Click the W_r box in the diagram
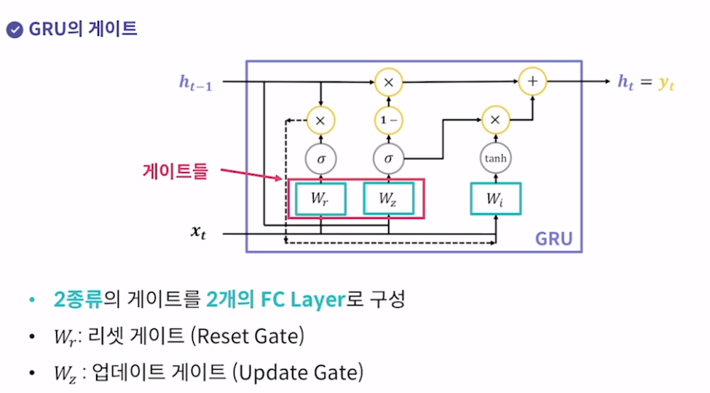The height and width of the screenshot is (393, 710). click(321, 198)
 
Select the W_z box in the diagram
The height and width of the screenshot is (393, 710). click(388, 198)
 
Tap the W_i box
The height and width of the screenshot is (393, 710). click(495, 198)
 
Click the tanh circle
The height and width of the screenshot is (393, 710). click(495, 157)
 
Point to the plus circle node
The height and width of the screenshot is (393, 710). click(532, 82)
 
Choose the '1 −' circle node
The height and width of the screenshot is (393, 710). click(388, 119)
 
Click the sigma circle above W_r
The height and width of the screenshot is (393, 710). click(321, 157)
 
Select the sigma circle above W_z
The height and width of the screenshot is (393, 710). click(388, 157)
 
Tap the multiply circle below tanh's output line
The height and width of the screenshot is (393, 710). click(495, 119)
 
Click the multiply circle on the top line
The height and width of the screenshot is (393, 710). click(388, 82)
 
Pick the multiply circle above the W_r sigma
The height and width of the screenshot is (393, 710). click(321, 119)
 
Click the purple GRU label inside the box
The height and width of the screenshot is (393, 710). click(553, 238)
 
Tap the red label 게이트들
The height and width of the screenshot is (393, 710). click(175, 172)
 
